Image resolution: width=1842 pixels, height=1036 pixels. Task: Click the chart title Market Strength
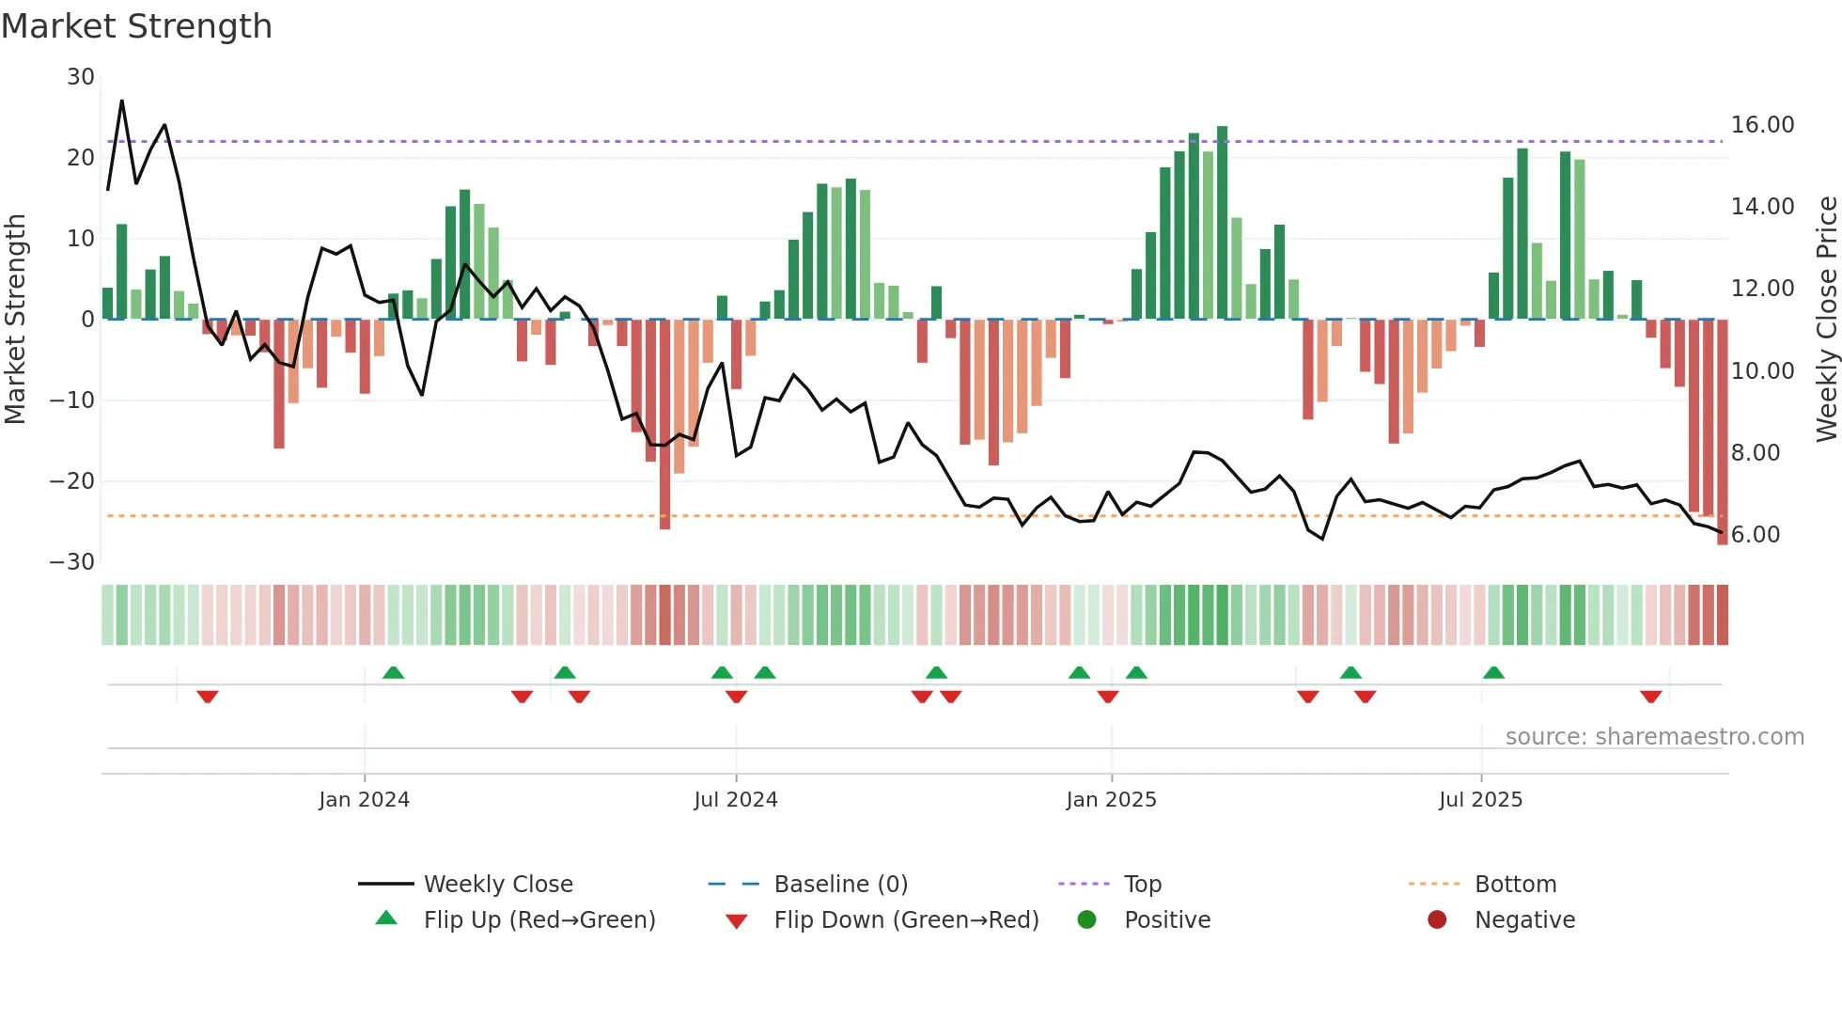137,26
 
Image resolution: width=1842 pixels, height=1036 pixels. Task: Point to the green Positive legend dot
1086,920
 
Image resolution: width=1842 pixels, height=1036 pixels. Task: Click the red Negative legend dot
1437,920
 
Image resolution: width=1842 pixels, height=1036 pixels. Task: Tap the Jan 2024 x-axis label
364,800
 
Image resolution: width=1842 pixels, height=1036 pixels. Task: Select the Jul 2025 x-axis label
1480,800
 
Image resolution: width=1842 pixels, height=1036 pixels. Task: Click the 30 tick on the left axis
81,77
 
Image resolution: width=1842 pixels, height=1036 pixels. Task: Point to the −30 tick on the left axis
72,562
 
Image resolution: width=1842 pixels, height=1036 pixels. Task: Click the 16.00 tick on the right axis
1762,125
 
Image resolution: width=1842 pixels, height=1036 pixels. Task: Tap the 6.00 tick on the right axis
1756,535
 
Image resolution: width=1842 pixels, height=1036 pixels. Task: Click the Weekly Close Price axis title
1826,319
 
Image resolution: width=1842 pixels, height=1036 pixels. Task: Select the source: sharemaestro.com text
1654,737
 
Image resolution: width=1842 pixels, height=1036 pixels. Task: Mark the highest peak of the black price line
122,101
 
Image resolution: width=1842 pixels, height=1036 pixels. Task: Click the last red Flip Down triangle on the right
1651,697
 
